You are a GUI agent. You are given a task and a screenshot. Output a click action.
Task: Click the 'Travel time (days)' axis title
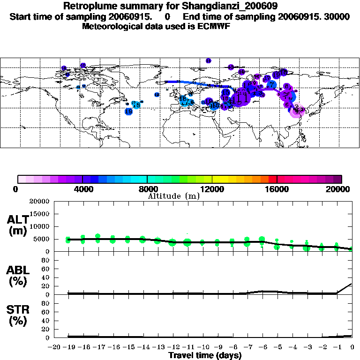[205, 355]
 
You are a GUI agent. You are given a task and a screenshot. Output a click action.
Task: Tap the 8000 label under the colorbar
[147, 189]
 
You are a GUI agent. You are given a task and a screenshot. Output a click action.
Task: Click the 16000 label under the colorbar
[277, 189]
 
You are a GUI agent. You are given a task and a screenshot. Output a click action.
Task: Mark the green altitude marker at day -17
[98, 238]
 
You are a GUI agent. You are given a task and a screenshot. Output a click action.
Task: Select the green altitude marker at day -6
[262, 240]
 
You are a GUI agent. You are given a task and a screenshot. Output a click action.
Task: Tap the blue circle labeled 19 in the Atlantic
[128, 112]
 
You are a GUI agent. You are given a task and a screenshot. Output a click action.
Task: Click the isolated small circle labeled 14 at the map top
[209, 60]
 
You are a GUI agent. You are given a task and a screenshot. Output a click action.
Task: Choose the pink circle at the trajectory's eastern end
[296, 111]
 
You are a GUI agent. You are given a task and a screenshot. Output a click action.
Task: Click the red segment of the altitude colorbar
[273, 179]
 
